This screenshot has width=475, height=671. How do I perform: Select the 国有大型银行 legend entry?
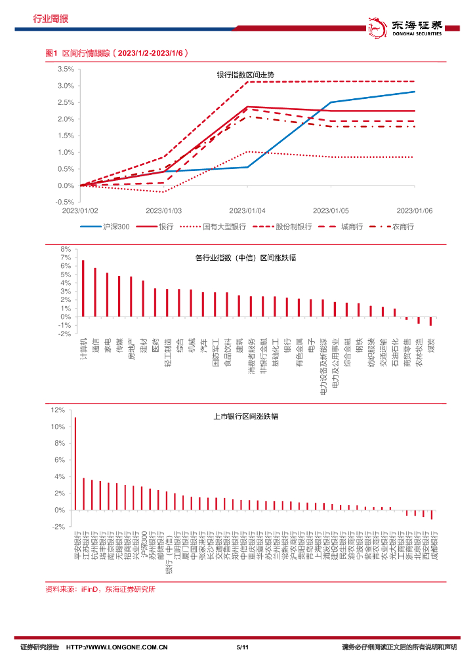(x=224, y=226)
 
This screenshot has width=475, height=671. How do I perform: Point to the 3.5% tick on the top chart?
(x=65, y=69)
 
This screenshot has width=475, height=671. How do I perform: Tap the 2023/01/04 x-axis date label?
(x=247, y=210)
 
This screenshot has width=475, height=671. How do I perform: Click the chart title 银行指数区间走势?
(x=247, y=75)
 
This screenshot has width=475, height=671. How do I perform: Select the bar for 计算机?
(x=83, y=288)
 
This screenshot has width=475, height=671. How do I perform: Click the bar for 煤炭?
(x=430, y=321)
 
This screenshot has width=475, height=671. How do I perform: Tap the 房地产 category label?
(x=131, y=348)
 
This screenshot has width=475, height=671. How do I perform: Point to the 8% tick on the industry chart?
(x=66, y=250)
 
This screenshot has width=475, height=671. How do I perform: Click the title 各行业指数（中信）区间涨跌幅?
(x=245, y=258)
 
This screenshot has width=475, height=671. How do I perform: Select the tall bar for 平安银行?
(x=75, y=463)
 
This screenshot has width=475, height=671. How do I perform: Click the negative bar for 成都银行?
(x=432, y=514)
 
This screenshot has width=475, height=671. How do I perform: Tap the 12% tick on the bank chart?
(x=58, y=410)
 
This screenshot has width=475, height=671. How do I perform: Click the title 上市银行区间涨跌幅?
(x=246, y=416)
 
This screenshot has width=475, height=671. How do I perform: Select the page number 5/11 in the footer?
(x=241, y=647)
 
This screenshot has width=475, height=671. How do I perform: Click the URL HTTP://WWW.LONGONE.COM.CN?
(x=118, y=647)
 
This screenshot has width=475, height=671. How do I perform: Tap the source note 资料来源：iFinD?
(x=100, y=589)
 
